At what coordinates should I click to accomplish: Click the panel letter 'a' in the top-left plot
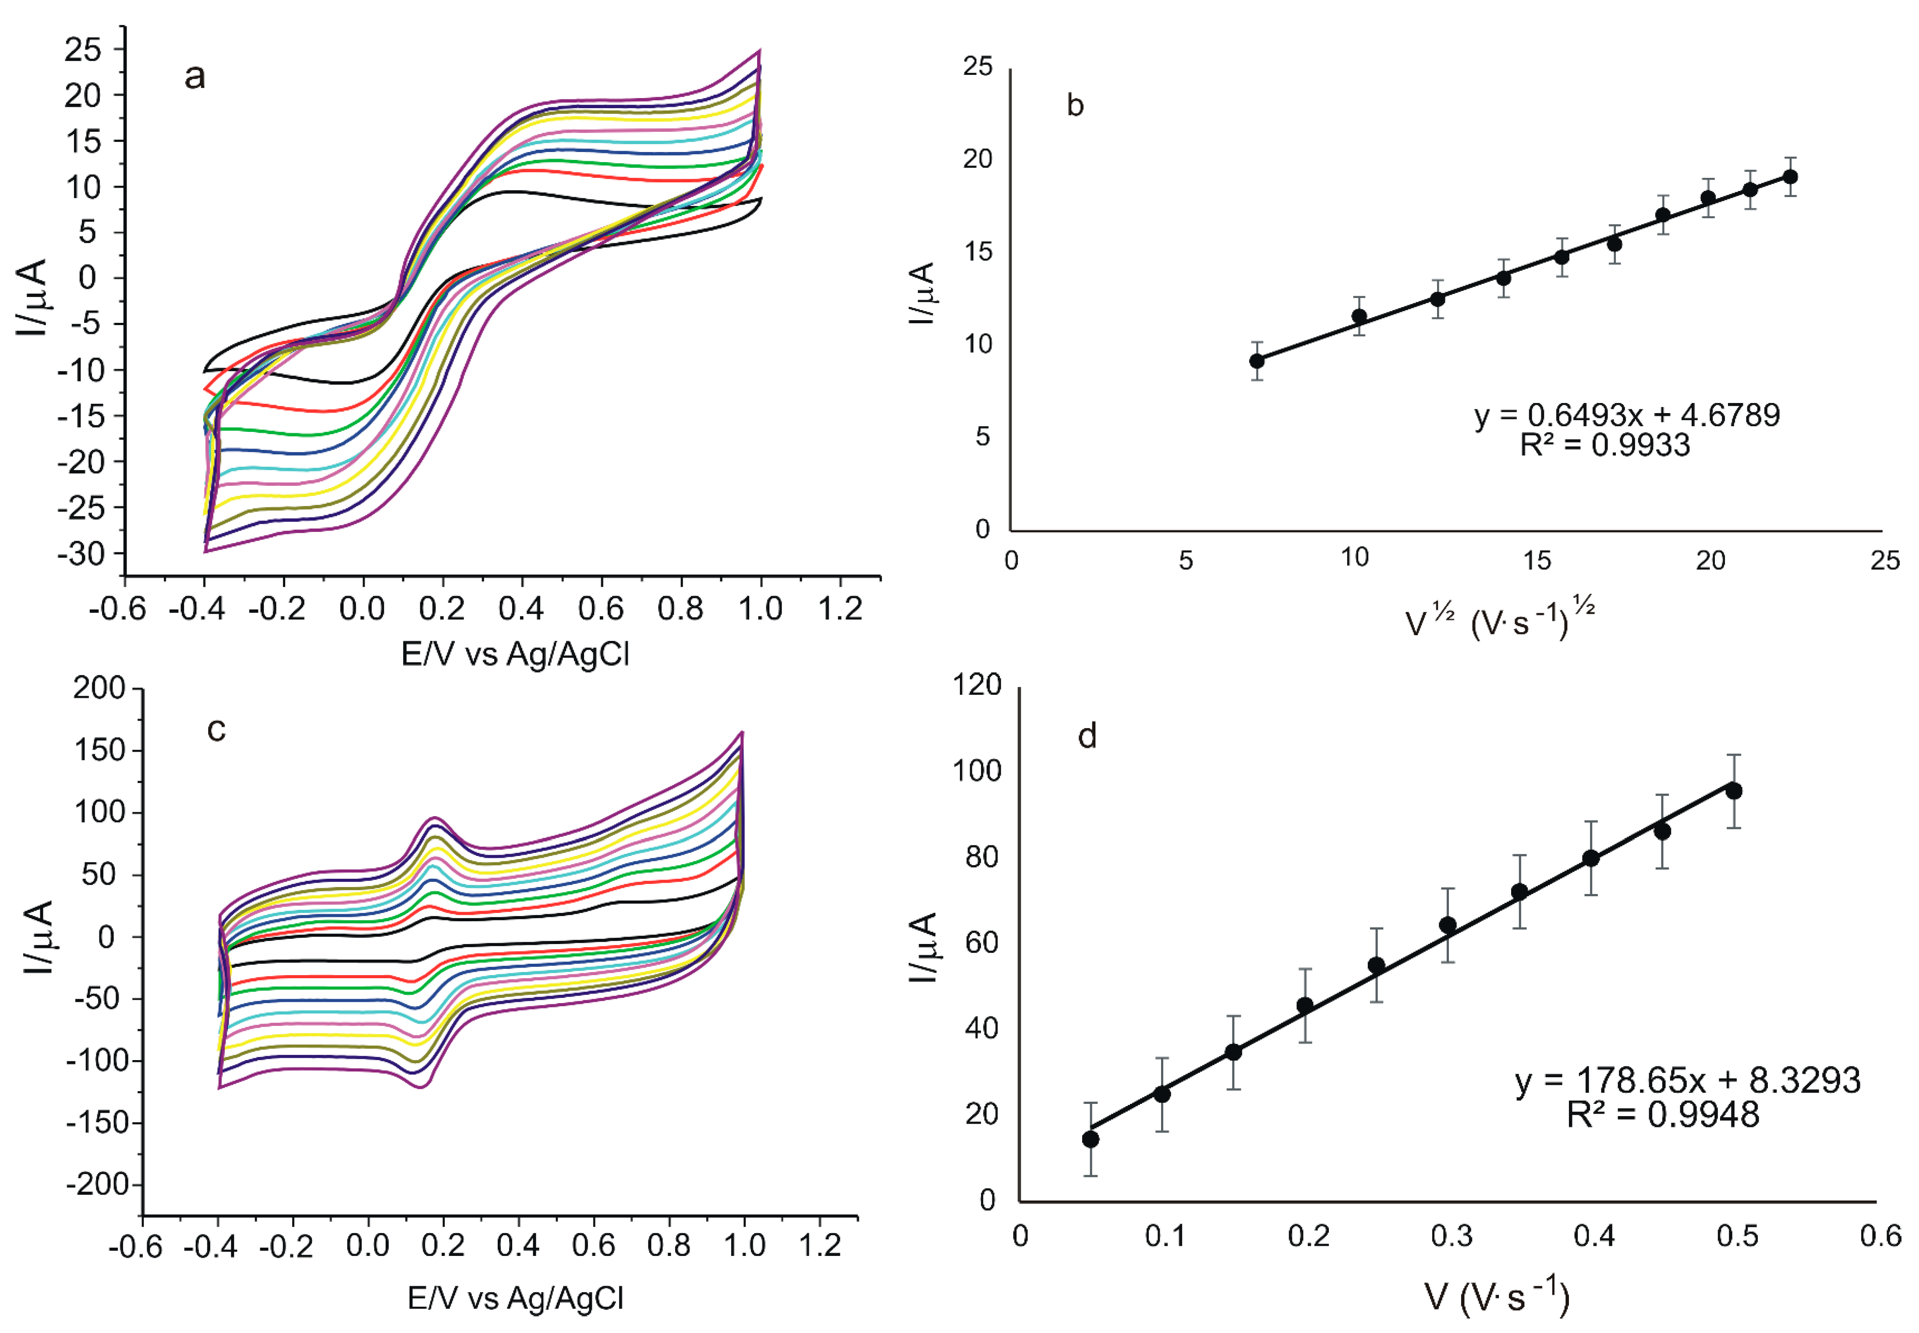[195, 77]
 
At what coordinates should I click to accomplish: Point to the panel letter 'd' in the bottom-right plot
[1087, 736]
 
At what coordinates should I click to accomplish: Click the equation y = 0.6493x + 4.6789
[1627, 415]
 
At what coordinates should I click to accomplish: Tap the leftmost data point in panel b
[1257, 361]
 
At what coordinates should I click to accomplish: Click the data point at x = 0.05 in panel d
[1090, 1139]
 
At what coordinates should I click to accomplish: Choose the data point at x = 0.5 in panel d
[1734, 791]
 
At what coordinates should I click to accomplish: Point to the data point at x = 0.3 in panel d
[1448, 925]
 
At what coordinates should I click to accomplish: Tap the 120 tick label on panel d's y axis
[977, 685]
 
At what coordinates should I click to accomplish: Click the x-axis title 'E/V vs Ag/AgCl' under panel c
[516, 1298]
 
